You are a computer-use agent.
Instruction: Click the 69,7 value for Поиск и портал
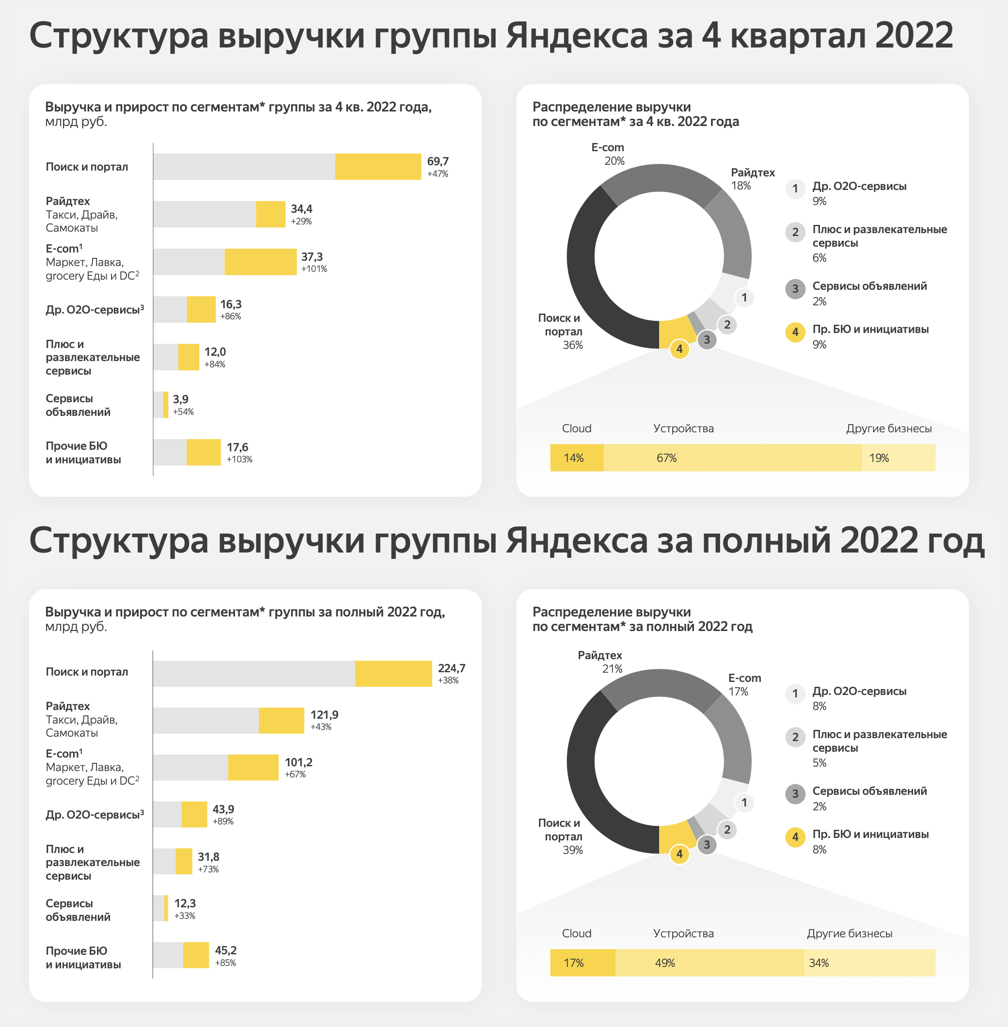tap(438, 161)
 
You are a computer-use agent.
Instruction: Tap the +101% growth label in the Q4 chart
tap(314, 269)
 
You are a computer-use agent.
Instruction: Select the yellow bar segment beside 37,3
tap(260, 262)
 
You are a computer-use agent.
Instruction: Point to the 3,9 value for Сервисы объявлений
tap(181, 399)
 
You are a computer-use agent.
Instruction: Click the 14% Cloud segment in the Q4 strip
tap(577, 458)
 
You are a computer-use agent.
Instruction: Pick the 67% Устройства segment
tap(733, 458)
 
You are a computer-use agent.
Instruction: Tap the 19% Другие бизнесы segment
tap(898, 458)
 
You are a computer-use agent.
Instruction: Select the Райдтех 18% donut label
tap(752, 179)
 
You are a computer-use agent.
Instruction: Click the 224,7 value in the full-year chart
tap(452, 668)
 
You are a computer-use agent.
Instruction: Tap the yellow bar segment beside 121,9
tap(282, 721)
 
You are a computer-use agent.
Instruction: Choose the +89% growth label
tap(223, 822)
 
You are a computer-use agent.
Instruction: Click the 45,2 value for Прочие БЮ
tap(225, 950)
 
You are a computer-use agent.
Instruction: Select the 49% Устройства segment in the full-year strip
tap(709, 963)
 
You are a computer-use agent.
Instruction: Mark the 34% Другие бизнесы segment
tap(870, 963)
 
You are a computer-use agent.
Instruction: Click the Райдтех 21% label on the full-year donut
tap(600, 662)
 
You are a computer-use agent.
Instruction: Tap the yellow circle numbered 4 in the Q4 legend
tap(795, 332)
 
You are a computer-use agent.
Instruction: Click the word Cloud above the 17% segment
tap(577, 933)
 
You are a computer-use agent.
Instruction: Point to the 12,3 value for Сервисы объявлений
tap(185, 903)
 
